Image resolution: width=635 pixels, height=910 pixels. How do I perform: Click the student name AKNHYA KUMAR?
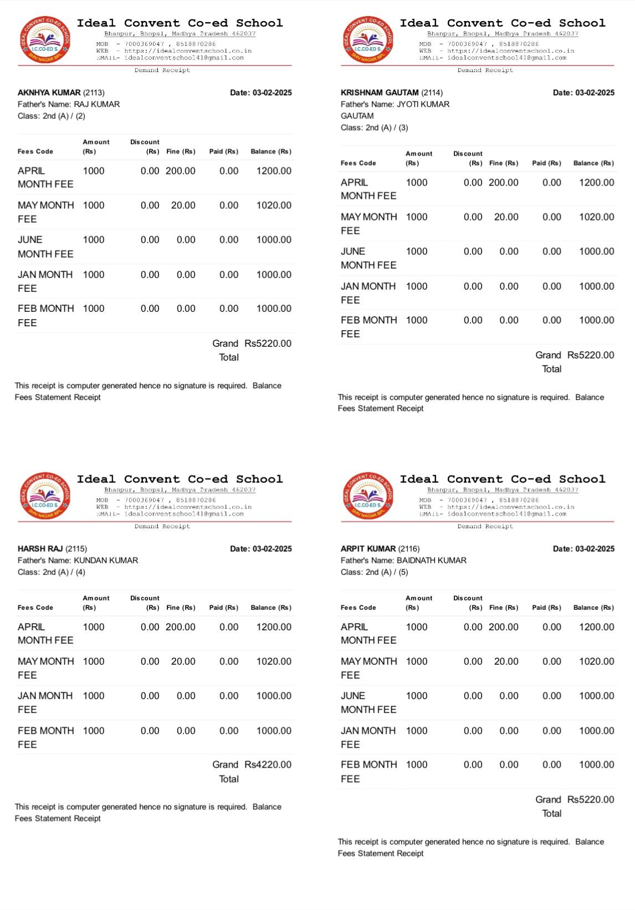pyautogui.click(x=49, y=92)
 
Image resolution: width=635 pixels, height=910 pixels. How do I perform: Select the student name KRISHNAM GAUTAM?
pyautogui.click(x=380, y=92)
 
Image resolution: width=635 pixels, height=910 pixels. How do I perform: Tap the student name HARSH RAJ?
pyautogui.click(x=40, y=549)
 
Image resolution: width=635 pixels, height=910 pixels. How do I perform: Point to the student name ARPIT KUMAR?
pyautogui.click(x=368, y=549)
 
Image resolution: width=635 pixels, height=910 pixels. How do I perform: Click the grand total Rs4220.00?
pyautogui.click(x=268, y=765)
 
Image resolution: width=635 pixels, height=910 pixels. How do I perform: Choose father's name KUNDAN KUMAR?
pyautogui.click(x=106, y=561)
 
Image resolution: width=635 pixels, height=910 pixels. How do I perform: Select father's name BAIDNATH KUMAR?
pyautogui.click(x=432, y=561)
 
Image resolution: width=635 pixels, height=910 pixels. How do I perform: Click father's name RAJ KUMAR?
pyautogui.click(x=96, y=104)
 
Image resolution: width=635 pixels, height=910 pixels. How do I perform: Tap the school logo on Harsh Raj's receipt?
pyautogui.click(x=44, y=496)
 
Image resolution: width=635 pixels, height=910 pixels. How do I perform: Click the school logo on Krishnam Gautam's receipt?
pyautogui.click(x=367, y=39)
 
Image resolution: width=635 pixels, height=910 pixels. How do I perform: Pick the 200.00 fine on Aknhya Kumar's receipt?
pyautogui.click(x=180, y=171)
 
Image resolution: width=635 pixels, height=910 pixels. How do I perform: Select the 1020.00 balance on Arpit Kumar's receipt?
pyautogui.click(x=596, y=661)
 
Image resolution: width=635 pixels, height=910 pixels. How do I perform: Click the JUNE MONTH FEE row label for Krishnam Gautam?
pyautogui.click(x=368, y=258)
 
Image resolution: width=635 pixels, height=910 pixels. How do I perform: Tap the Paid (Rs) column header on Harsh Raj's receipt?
pyautogui.click(x=223, y=608)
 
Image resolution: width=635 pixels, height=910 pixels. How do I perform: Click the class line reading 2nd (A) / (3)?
pyautogui.click(x=374, y=127)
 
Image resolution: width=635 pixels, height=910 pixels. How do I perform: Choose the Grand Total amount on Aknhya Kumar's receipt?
pyautogui.click(x=268, y=343)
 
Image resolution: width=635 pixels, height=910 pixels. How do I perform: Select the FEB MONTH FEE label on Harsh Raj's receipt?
pyautogui.click(x=45, y=737)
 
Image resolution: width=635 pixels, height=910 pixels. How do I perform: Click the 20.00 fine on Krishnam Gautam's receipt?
pyautogui.click(x=506, y=217)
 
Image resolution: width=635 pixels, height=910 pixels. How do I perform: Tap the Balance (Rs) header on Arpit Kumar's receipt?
pyautogui.click(x=593, y=608)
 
